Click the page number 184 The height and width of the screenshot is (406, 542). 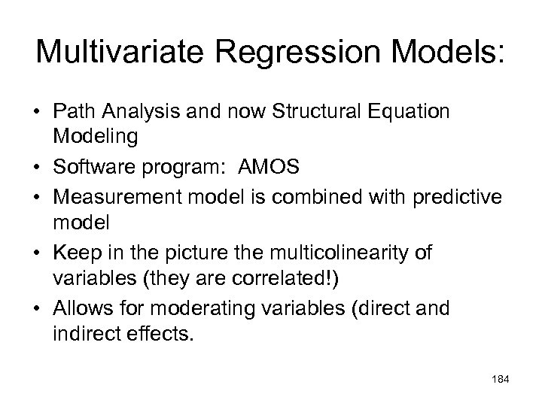[x=499, y=380]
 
